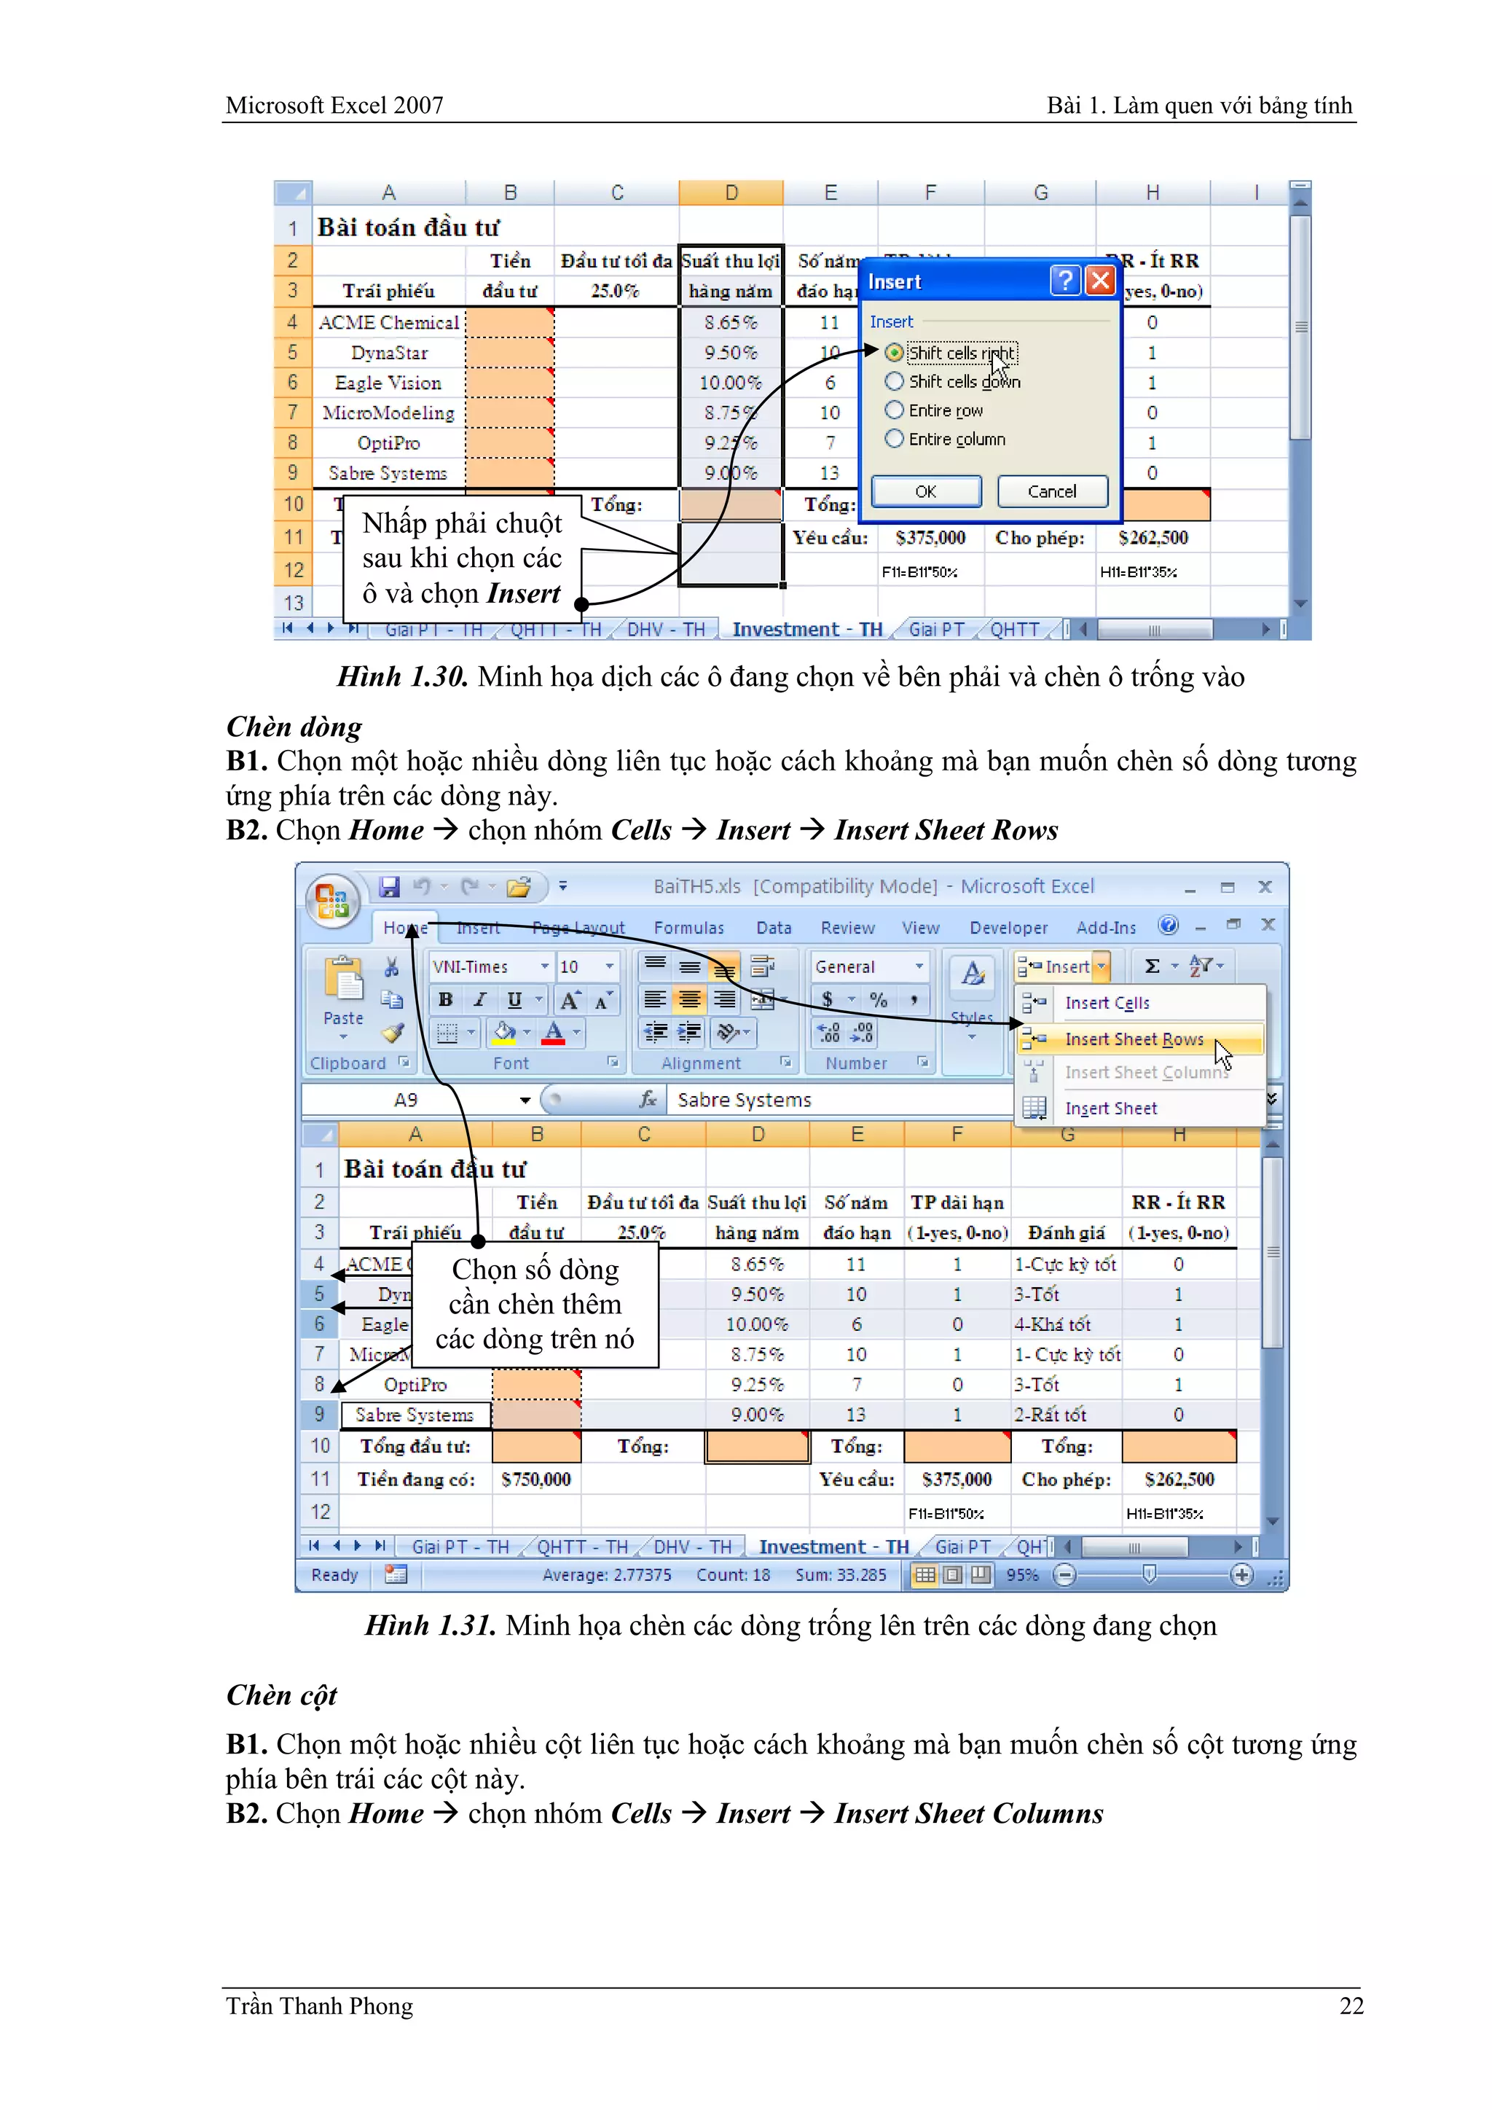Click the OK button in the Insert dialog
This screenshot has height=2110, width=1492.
(925, 492)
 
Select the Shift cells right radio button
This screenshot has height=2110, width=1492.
(894, 353)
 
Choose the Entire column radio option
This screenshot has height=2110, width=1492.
(894, 439)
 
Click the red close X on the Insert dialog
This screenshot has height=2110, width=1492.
(1100, 281)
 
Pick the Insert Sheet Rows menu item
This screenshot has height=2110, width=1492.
(1134, 1039)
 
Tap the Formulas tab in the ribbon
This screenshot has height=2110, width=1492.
(688, 928)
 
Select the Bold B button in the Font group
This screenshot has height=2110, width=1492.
(446, 1000)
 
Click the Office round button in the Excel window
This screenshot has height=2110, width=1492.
(331, 899)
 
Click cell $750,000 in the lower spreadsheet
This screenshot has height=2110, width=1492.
(535, 1480)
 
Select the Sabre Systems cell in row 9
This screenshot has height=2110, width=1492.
(415, 1415)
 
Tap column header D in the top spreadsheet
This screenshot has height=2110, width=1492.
(731, 193)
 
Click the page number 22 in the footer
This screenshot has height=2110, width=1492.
(1351, 2007)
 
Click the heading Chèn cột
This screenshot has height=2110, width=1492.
(281, 1695)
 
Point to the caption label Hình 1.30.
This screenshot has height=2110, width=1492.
(402, 677)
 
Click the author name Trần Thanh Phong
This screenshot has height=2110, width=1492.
(319, 2007)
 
